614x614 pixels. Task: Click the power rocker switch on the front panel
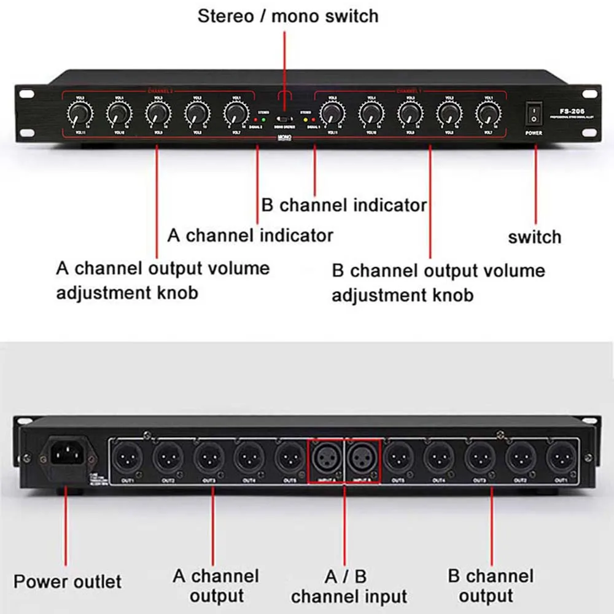(534, 114)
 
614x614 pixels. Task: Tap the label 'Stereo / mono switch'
(287, 16)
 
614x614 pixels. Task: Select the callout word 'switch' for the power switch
(534, 237)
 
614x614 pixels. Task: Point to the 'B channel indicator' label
(344, 205)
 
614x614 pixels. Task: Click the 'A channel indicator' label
(251, 235)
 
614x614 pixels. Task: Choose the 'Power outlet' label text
(68, 581)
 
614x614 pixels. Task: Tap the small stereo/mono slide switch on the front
(284, 119)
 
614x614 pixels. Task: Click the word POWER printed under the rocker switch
(534, 132)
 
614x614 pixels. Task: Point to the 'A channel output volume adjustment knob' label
(163, 280)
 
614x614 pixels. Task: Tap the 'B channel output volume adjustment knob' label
(438, 282)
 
